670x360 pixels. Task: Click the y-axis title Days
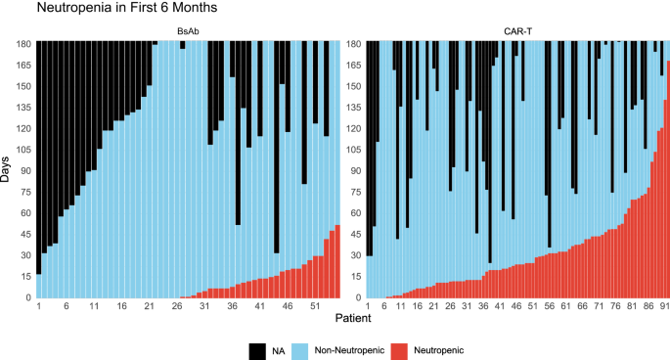[x=8, y=168]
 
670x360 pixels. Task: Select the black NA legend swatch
[x=258, y=347]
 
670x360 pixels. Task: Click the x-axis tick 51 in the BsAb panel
[x=315, y=307]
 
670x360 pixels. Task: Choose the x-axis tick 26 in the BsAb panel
[x=177, y=307]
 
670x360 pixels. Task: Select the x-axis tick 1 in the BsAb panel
[x=38, y=307]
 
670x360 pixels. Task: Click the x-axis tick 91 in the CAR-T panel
[x=666, y=307]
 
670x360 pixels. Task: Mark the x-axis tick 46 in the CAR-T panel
[x=517, y=307]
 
